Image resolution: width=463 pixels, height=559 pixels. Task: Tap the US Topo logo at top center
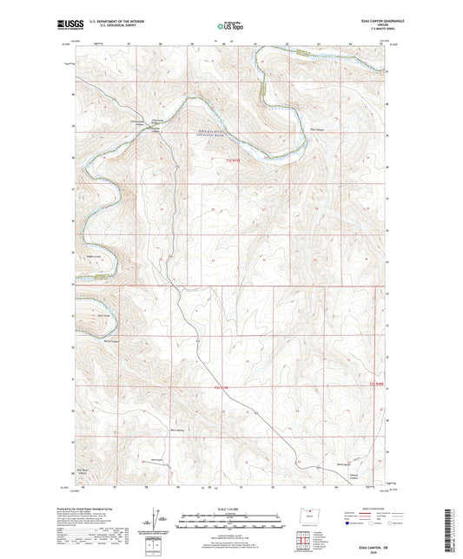230,27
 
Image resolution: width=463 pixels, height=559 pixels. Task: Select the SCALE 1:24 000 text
230,508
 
